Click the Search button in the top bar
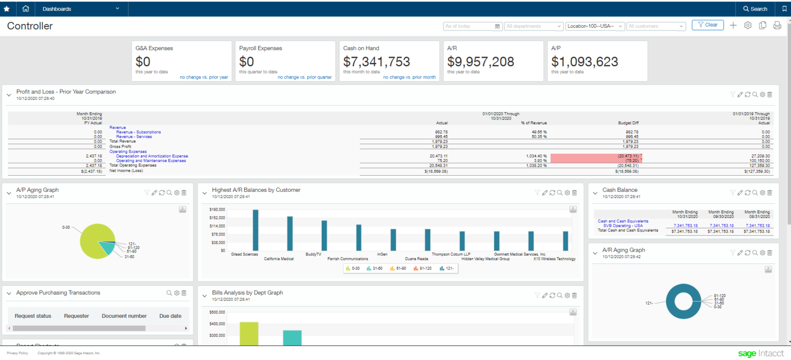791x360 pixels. (x=755, y=9)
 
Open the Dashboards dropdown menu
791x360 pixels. (x=80, y=9)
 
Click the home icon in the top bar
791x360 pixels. (x=26, y=9)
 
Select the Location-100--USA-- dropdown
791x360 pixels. (x=595, y=26)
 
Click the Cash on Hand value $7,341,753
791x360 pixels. (x=376, y=62)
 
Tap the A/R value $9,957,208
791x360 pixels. (x=480, y=62)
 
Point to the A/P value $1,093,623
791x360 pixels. (x=585, y=62)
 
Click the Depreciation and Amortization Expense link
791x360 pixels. (x=152, y=156)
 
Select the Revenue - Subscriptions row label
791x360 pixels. (x=138, y=132)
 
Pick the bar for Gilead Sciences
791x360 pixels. (x=255, y=230)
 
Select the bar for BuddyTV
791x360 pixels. (x=324, y=236)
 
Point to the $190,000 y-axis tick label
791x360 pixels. (x=217, y=210)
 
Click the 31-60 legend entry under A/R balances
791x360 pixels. (x=375, y=269)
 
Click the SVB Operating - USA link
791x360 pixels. (x=623, y=226)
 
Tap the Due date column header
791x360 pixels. (x=170, y=316)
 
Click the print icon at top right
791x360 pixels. (x=777, y=26)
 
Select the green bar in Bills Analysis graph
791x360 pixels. (x=249, y=334)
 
